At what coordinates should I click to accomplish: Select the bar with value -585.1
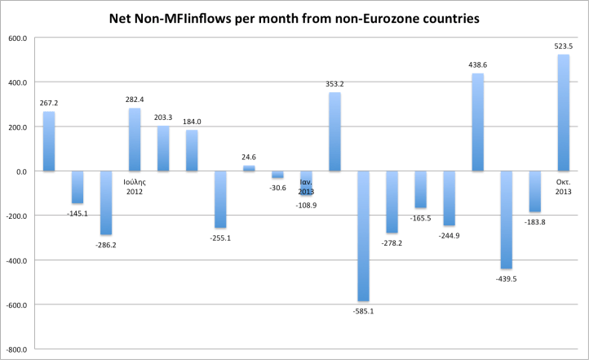pyautogui.click(x=363, y=236)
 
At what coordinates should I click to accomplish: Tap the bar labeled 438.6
pyautogui.click(x=477, y=122)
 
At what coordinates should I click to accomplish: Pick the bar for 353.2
pyautogui.click(x=334, y=131)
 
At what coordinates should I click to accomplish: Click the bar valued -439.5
pyautogui.click(x=506, y=220)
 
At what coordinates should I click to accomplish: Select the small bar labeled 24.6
pyautogui.click(x=249, y=168)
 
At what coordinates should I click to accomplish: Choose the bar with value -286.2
pyautogui.click(x=106, y=202)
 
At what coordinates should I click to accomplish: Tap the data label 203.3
pyautogui.click(x=163, y=118)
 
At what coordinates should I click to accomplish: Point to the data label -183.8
pyautogui.click(x=534, y=222)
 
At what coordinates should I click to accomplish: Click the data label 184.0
pyautogui.click(x=192, y=122)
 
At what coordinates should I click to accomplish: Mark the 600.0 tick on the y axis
pyautogui.click(x=18, y=38)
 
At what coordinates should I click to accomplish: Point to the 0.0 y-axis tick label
pyautogui.click(x=22, y=172)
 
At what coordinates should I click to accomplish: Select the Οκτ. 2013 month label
pyautogui.click(x=563, y=186)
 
